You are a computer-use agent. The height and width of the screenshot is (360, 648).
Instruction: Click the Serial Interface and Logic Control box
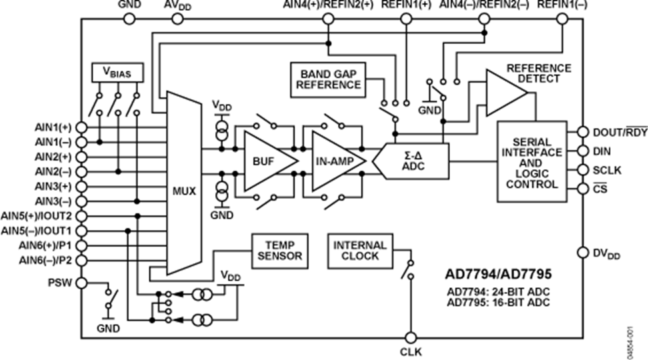pyautogui.click(x=531, y=161)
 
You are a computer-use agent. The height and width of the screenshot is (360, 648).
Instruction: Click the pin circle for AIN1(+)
pyautogui.click(x=81, y=127)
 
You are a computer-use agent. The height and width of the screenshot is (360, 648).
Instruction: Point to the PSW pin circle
pyautogui.click(x=81, y=283)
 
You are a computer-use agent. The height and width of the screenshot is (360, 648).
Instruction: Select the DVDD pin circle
pyautogui.click(x=583, y=253)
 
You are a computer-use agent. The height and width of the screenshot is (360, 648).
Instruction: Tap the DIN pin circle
pyautogui.click(x=583, y=151)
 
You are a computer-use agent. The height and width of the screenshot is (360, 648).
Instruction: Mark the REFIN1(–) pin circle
pyautogui.click(x=562, y=19)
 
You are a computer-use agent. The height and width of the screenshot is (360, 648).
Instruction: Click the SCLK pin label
pyautogui.click(x=607, y=170)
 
